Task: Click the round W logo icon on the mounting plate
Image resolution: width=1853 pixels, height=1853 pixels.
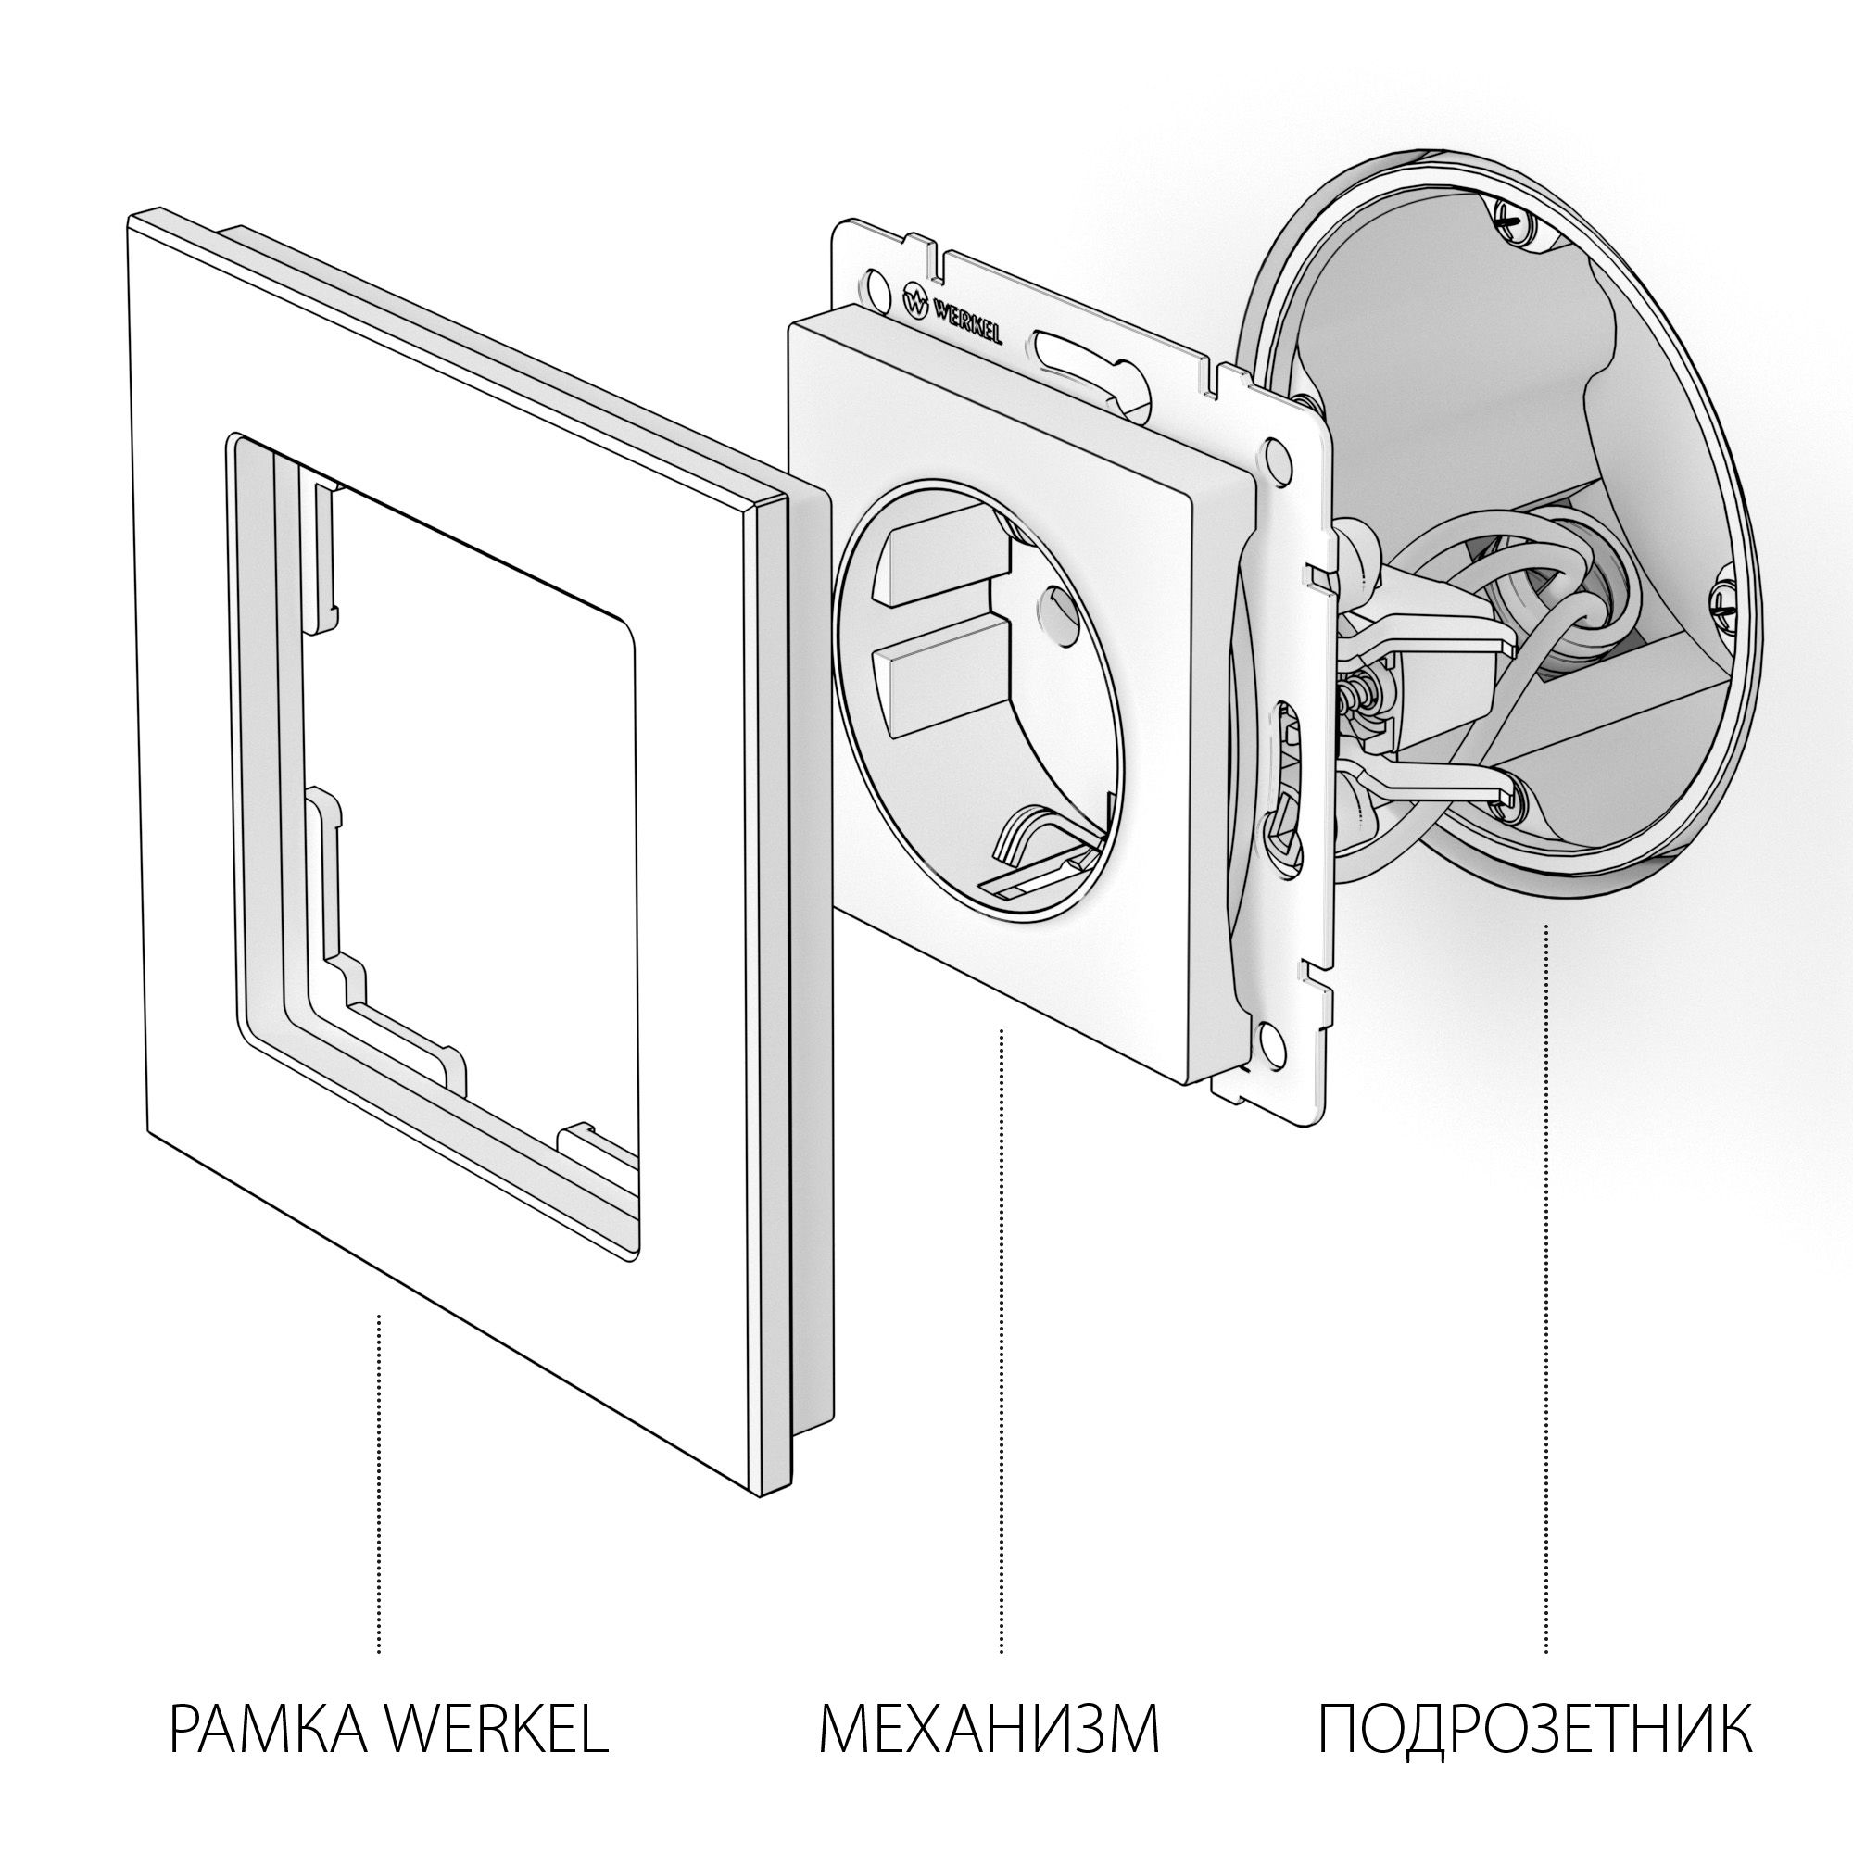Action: pyautogui.click(x=916, y=302)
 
